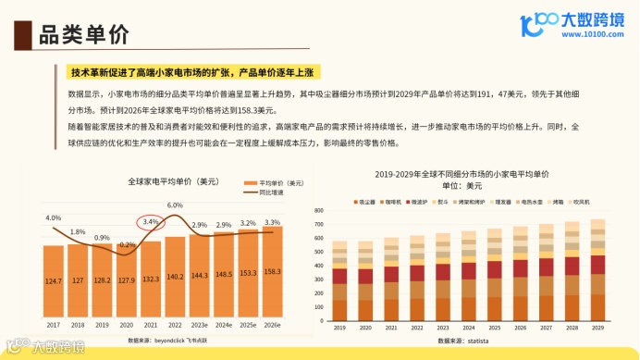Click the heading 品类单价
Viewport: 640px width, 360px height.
(x=80, y=36)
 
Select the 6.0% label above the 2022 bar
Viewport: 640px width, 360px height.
(x=175, y=205)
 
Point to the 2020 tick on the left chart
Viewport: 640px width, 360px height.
(x=126, y=324)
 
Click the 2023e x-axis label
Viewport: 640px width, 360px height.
(x=199, y=324)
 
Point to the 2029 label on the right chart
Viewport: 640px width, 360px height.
(x=597, y=328)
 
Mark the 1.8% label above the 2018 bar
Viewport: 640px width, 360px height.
(x=78, y=231)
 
